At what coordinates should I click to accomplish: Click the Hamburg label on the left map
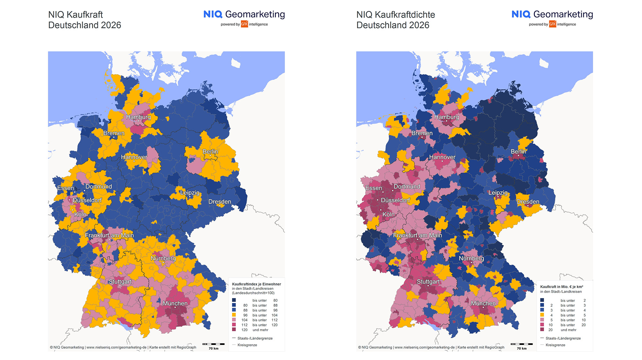coord(138,117)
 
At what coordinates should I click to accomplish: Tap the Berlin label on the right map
coord(518,151)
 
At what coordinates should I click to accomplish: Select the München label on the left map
coord(175,303)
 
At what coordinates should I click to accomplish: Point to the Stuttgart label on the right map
coord(428,281)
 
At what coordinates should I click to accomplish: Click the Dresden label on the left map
coord(220,201)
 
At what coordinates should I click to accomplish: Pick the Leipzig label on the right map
coord(498,193)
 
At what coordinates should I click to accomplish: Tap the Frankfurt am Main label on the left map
coord(109,235)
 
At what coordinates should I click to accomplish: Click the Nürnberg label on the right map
coord(471,258)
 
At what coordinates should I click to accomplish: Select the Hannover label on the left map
coord(134,157)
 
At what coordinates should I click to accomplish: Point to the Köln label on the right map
coord(388,214)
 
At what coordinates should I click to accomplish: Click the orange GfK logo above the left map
coord(244,24)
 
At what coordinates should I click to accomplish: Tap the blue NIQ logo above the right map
coord(521,14)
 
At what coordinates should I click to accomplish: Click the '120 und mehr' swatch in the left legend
coord(234,330)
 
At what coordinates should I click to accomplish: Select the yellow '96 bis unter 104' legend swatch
coord(234,315)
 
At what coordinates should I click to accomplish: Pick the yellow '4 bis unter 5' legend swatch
coord(542,315)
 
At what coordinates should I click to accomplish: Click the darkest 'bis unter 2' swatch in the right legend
coord(542,300)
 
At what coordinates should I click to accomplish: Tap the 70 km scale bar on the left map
coord(213,344)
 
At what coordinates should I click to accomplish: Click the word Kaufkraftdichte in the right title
coord(405,15)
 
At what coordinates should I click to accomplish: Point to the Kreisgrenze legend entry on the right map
coord(555,345)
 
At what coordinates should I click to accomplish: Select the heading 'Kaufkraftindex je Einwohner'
coord(256,284)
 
